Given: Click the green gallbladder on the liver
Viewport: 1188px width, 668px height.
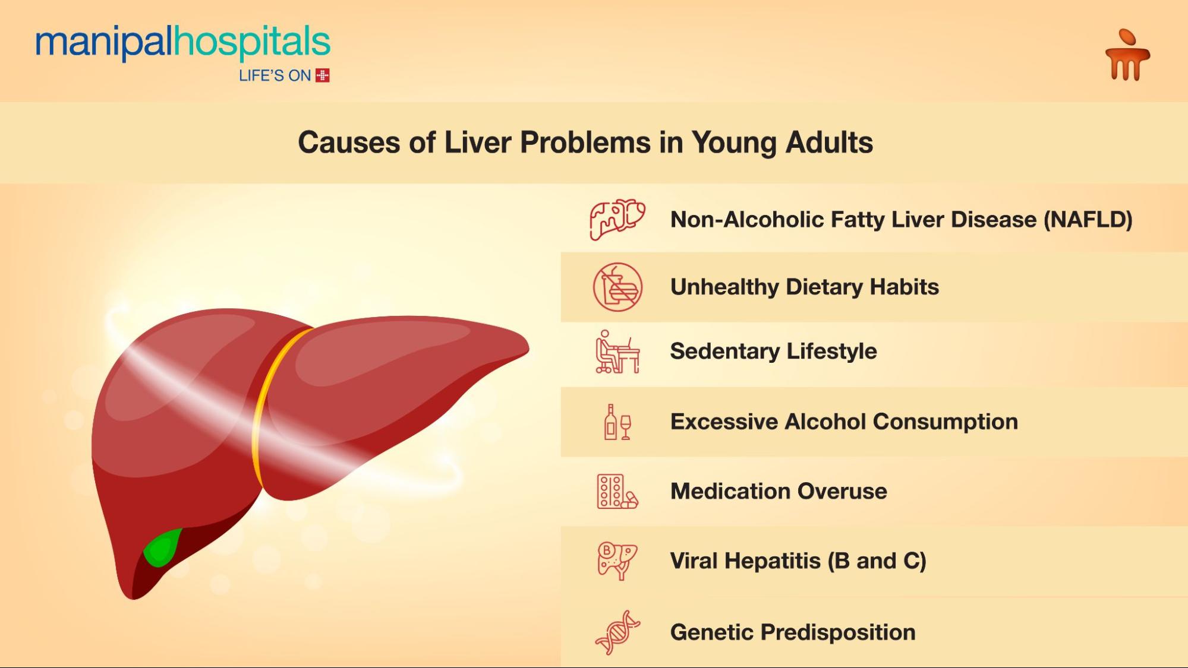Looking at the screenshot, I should [161, 547].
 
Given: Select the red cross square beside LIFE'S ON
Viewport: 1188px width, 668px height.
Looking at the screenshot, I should [323, 75].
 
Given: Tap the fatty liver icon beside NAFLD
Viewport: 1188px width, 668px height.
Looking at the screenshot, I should [617, 219].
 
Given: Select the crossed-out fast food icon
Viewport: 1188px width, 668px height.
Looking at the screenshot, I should [617, 287].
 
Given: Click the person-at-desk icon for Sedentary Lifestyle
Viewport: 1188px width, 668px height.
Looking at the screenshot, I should [617, 352].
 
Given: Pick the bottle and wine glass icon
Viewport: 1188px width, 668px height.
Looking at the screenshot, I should [617, 422].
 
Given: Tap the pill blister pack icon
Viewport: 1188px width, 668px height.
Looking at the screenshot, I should [617, 492].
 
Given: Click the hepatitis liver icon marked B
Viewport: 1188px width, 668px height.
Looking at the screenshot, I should [617, 561].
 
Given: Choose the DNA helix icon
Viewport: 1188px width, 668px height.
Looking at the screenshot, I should [617, 632].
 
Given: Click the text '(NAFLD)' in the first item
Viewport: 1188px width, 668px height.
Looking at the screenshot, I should [1088, 220].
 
